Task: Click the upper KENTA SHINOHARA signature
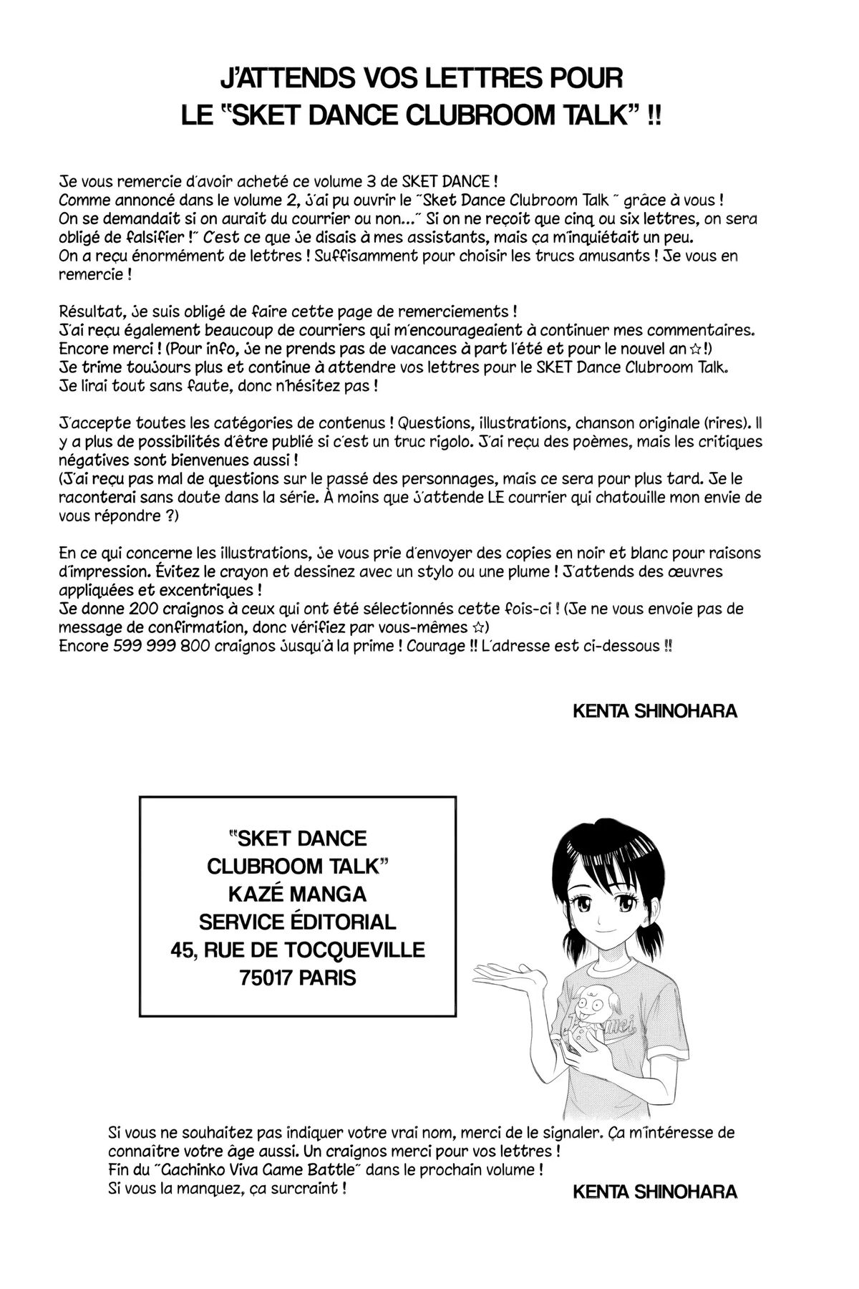coord(655,711)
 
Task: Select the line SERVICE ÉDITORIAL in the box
coord(297,922)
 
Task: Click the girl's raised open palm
coord(502,971)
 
